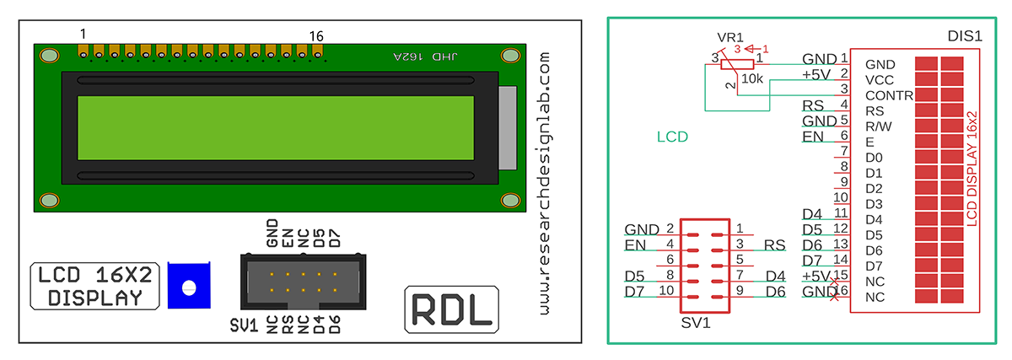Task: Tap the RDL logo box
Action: pyautogui.click(x=451, y=309)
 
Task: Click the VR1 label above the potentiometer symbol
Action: pyautogui.click(x=729, y=38)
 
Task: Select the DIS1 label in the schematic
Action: pyautogui.click(x=966, y=38)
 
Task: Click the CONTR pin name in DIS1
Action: pyautogui.click(x=889, y=95)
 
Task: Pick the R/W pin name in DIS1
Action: pyautogui.click(x=879, y=126)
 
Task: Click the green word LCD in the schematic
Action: pyautogui.click(x=672, y=137)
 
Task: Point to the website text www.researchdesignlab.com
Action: pyautogui.click(x=544, y=181)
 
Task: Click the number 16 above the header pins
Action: pyautogui.click(x=316, y=36)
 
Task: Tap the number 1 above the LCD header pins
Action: pyautogui.click(x=83, y=34)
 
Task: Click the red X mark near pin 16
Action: pyautogui.click(x=834, y=297)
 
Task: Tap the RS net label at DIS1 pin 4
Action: pyautogui.click(x=813, y=105)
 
